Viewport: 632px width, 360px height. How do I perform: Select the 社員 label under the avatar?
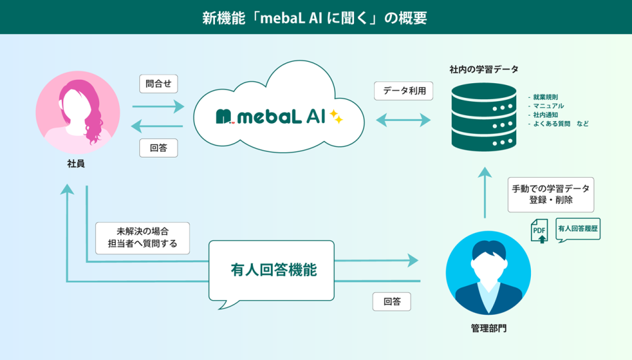pos(76,164)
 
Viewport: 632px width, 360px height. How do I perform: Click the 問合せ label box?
pos(158,84)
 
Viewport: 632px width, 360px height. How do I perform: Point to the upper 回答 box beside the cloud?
pos(158,148)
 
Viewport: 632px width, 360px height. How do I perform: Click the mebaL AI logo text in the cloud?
pos(271,117)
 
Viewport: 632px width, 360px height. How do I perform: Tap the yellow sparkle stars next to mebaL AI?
pos(336,116)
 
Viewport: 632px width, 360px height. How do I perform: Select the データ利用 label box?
pos(404,91)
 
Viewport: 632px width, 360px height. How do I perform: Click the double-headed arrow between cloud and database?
pos(404,120)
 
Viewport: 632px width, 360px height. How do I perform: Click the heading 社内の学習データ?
pos(484,69)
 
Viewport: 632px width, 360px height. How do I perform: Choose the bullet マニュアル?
pos(546,106)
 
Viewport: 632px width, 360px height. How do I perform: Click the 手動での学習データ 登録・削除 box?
pos(551,194)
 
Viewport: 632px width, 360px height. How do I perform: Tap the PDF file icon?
pos(540,230)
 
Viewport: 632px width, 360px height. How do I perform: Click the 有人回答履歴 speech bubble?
pos(578,229)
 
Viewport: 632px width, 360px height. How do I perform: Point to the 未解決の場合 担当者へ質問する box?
pos(142,238)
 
